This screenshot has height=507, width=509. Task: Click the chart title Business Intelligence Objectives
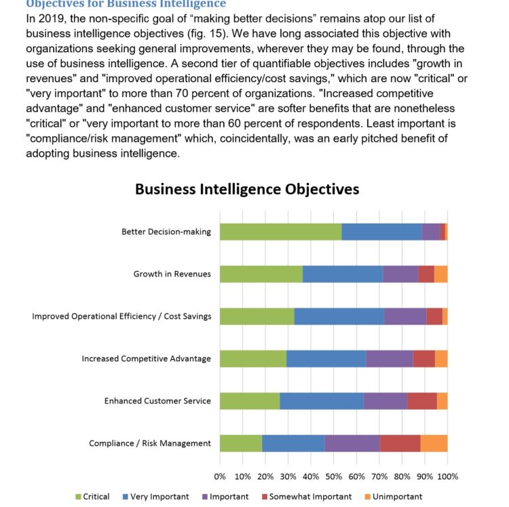[246, 188]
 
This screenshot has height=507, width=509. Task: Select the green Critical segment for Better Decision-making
[280, 231]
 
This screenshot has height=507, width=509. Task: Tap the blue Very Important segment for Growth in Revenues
[343, 274]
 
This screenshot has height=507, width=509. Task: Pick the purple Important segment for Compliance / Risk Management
[352, 443]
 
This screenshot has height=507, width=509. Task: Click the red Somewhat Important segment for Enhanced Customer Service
[421, 401]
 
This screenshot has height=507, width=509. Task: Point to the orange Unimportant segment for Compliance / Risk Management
[434, 443]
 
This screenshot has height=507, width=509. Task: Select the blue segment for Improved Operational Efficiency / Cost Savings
[339, 316]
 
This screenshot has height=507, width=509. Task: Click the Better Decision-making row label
[166, 232]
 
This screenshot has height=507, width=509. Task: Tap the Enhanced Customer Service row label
[157, 401]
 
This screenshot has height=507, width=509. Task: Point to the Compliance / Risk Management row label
[150, 443]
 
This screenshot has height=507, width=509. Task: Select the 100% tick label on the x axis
[449, 476]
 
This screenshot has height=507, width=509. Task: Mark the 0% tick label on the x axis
[220, 476]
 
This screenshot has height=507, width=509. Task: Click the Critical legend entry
[92, 497]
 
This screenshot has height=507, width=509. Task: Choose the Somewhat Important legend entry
[305, 497]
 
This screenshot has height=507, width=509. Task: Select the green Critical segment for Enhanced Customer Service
[249, 401]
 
